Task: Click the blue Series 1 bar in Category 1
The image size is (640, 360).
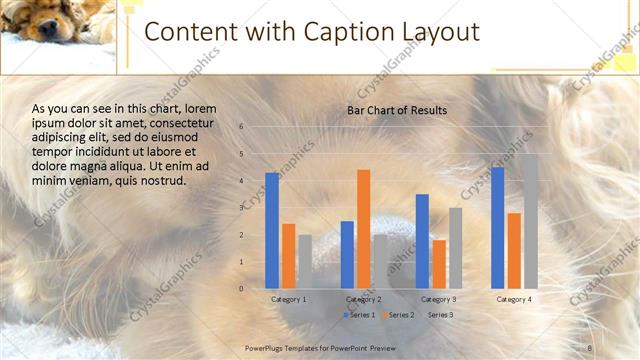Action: [x=272, y=231]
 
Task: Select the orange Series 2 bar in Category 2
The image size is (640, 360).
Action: [x=363, y=229]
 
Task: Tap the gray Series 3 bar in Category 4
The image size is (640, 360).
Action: [x=530, y=221]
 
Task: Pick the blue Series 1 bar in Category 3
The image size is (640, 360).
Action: [x=422, y=241]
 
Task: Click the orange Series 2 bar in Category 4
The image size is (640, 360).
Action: [x=513, y=250]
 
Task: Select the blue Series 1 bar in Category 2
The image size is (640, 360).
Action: [x=347, y=254]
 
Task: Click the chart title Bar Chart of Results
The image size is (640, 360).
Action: [x=397, y=110]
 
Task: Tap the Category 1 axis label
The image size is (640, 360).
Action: [x=289, y=299]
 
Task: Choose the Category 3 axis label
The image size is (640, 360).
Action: [x=438, y=299]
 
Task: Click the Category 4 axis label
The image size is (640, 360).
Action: [x=513, y=299]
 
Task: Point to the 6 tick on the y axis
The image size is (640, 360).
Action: [x=241, y=127]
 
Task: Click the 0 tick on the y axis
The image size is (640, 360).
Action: [x=241, y=289]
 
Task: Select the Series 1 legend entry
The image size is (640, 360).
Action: [x=359, y=315]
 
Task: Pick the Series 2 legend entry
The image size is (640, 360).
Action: [x=399, y=315]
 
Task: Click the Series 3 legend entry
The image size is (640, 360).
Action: [x=439, y=315]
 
